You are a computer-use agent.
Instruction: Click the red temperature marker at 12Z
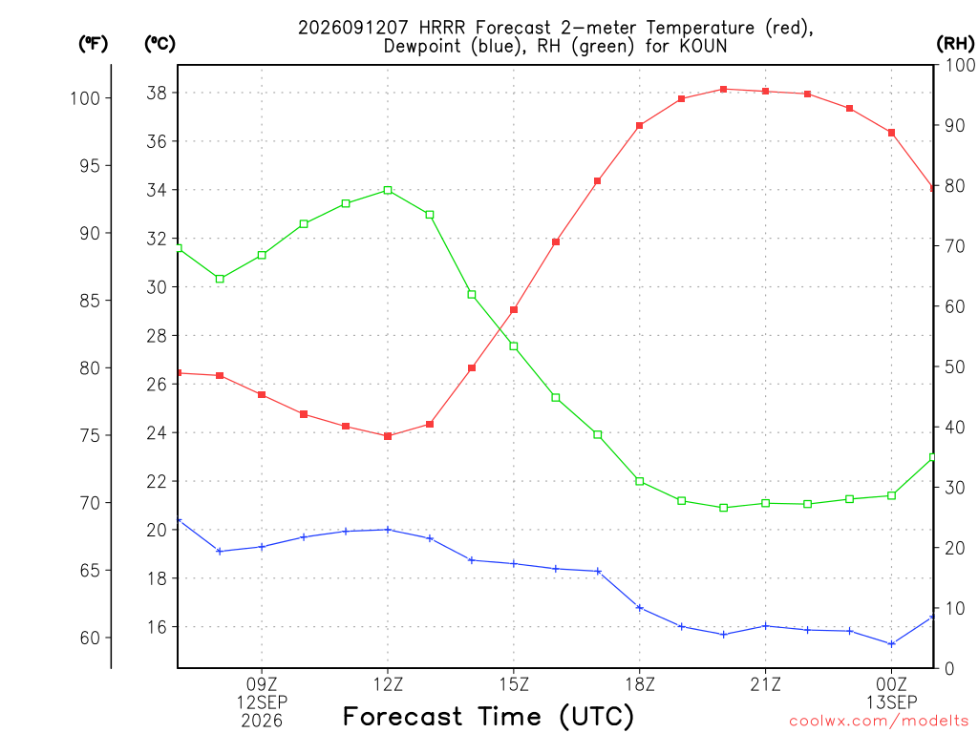[388, 436]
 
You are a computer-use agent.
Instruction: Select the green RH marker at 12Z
[388, 190]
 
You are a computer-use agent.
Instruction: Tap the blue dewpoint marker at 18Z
[639, 608]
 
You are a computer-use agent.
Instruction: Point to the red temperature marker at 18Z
[639, 125]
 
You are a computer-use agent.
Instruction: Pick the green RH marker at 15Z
[514, 346]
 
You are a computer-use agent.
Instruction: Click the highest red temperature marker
[724, 89]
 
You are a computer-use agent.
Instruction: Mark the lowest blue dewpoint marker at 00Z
[891, 644]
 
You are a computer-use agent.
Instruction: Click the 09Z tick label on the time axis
[262, 684]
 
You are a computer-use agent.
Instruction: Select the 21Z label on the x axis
[765, 684]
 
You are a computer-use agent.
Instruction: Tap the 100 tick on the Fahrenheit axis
[85, 98]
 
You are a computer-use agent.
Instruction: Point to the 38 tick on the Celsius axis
[158, 93]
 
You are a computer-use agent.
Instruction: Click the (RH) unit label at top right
[955, 43]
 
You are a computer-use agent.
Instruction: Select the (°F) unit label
[93, 44]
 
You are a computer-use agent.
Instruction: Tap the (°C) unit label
[160, 44]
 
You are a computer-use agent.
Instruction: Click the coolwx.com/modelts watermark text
[880, 722]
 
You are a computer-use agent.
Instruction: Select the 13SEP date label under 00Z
[891, 702]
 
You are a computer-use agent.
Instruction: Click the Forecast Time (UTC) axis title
[488, 717]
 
